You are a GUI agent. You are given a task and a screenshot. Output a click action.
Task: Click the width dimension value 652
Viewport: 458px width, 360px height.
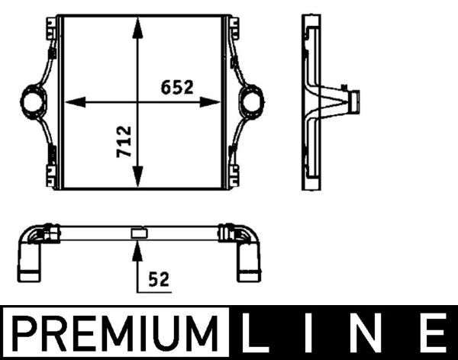177,88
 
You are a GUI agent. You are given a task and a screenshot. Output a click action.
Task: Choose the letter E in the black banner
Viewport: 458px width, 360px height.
434,334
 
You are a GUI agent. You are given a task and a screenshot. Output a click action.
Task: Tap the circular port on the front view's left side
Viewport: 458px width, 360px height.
33,101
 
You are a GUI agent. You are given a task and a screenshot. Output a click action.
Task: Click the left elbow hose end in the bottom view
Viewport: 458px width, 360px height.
31,263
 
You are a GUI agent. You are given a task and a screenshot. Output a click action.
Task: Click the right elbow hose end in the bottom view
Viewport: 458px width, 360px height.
250,263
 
